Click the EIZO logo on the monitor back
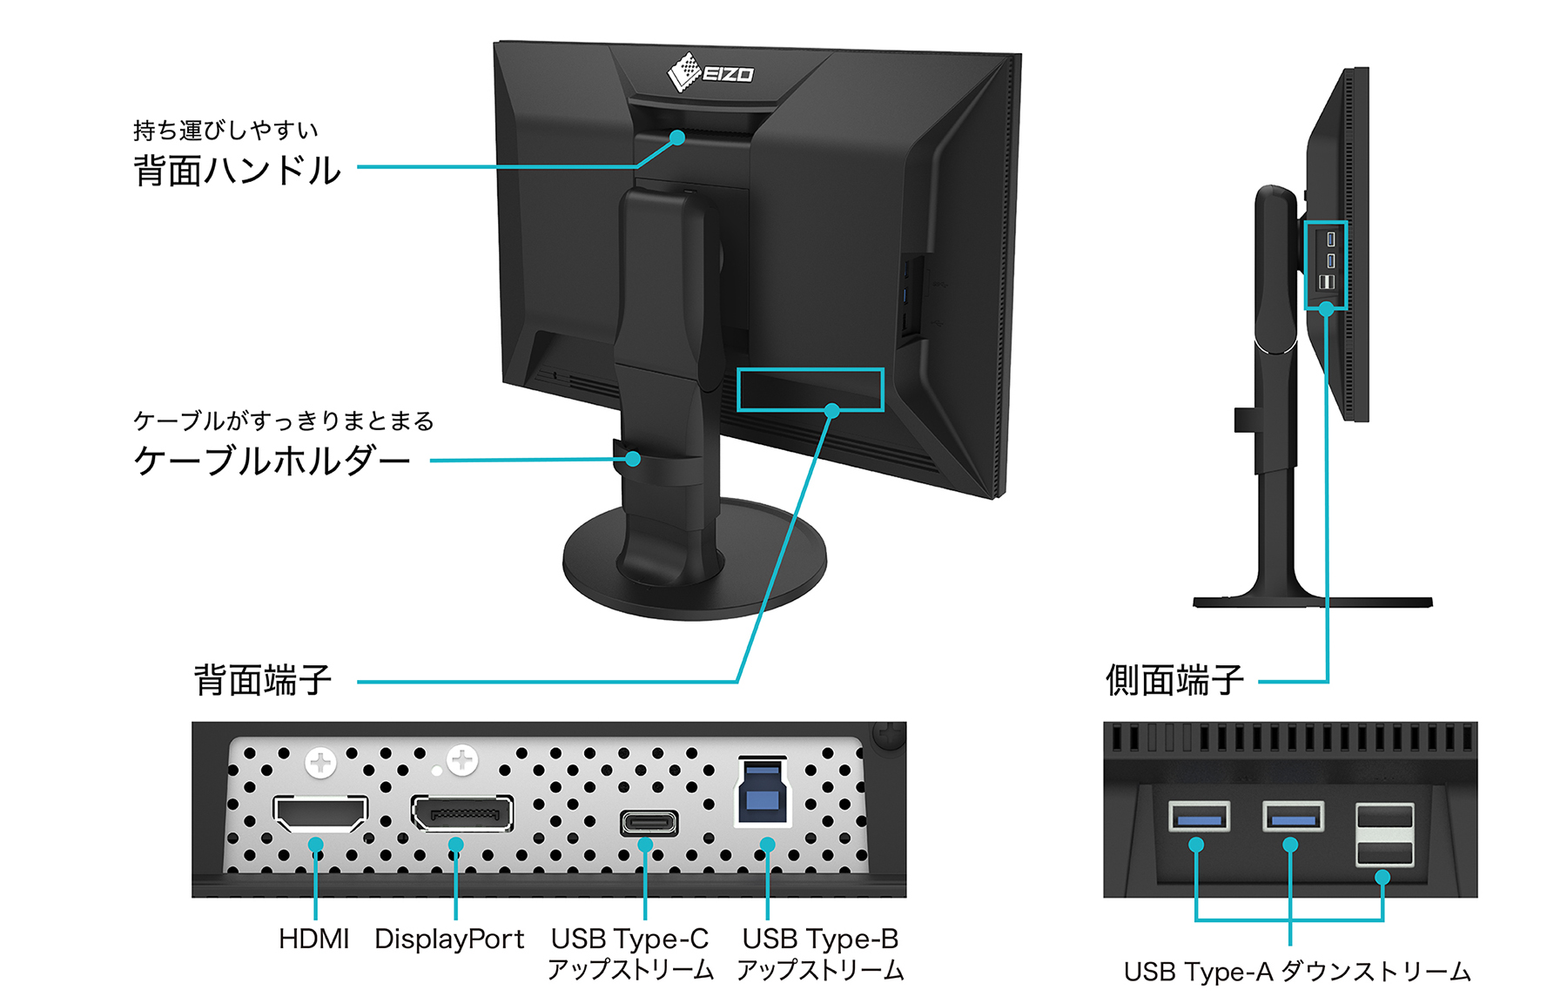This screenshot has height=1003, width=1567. tap(710, 72)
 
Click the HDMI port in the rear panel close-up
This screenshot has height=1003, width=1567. tap(320, 814)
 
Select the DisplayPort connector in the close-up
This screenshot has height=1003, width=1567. tap(462, 814)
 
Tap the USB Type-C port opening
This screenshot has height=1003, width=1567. tap(649, 823)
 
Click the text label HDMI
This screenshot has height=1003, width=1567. tap(313, 939)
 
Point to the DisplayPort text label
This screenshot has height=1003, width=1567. tap(449, 939)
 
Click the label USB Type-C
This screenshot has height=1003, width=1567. tap(629, 939)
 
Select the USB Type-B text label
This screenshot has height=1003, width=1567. tap(820, 939)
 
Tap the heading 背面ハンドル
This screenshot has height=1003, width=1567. tap(237, 171)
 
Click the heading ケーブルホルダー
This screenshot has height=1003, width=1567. tap(272, 461)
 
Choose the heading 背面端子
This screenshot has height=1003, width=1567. tap(262, 680)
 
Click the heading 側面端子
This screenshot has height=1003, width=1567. tap(1174, 680)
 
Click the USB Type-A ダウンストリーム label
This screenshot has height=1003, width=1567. tap(1297, 972)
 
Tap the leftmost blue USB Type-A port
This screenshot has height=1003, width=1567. tap(1200, 818)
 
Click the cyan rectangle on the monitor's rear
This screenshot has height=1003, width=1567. tap(810, 389)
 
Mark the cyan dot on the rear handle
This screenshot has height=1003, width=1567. tap(677, 138)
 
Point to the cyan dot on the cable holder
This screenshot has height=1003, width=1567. tap(633, 459)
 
